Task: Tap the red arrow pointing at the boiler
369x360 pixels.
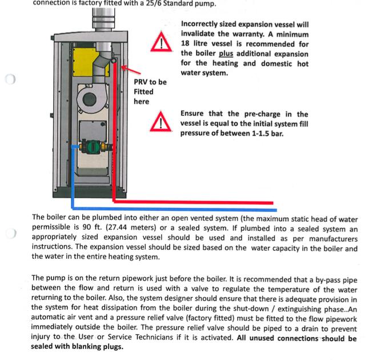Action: (130, 70)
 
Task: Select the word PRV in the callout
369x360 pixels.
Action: (142, 82)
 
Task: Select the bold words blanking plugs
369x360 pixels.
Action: (100, 346)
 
